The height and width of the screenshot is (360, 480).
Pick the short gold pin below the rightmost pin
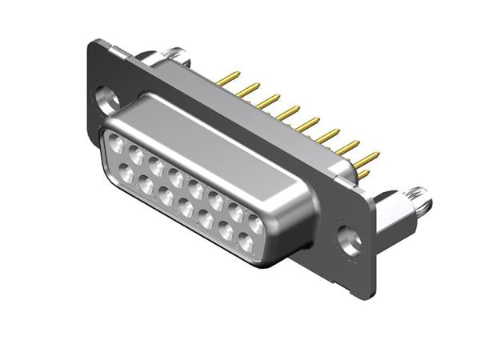(x=364, y=173)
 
